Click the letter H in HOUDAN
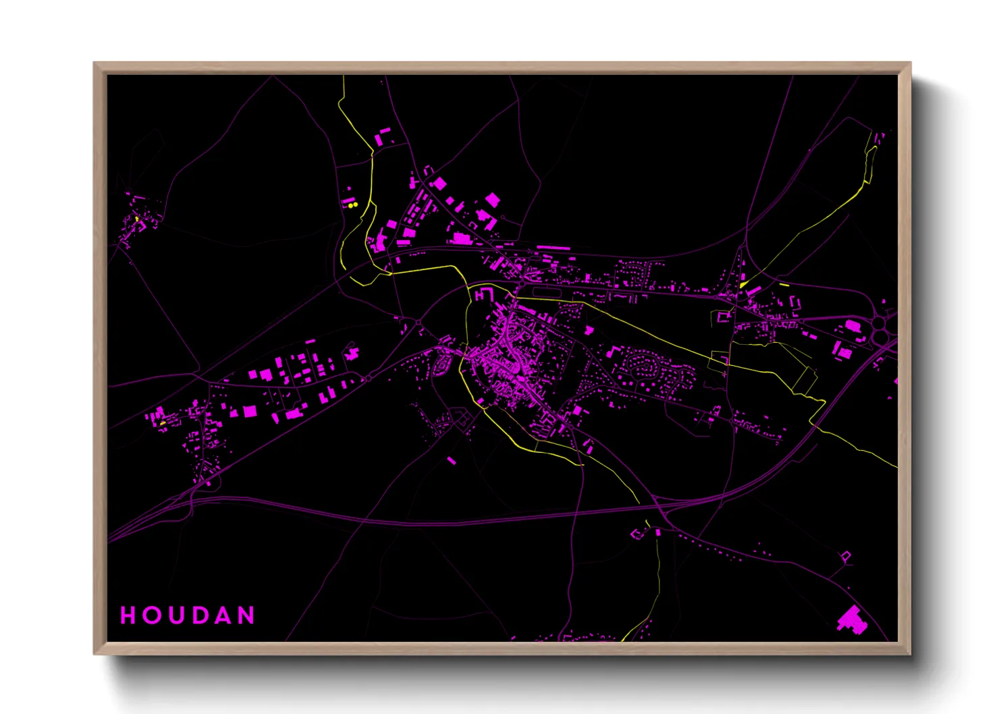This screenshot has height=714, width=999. tap(128, 615)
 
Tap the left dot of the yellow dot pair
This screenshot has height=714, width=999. tap(350, 204)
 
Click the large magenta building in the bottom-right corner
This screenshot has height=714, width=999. tap(852, 620)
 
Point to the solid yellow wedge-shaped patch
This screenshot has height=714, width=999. tap(743, 285)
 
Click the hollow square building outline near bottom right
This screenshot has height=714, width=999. tap(846, 557)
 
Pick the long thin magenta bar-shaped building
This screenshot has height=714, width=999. tap(553, 248)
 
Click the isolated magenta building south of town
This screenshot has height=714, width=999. tap(451, 461)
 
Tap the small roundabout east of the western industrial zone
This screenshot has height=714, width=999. tap(369, 377)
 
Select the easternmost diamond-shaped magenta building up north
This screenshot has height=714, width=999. tap(493, 200)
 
